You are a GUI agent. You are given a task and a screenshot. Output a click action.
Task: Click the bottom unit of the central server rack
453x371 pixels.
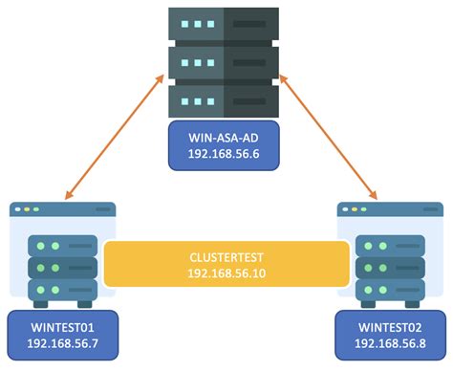click(226, 99)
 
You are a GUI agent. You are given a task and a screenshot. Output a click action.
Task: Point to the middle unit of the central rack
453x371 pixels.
click(226, 61)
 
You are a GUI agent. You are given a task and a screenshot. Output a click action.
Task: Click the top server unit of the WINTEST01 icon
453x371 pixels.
click(61, 246)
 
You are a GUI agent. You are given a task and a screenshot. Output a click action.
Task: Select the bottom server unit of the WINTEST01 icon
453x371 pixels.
click(61, 288)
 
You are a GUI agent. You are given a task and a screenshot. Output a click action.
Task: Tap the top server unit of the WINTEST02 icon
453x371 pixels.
click(390, 246)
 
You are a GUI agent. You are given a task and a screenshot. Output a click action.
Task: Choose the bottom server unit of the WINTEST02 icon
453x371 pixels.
click(390, 288)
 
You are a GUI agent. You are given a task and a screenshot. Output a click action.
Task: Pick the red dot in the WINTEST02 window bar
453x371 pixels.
click(347, 208)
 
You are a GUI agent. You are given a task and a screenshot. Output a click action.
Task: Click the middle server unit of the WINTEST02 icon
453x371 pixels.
click(390, 267)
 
